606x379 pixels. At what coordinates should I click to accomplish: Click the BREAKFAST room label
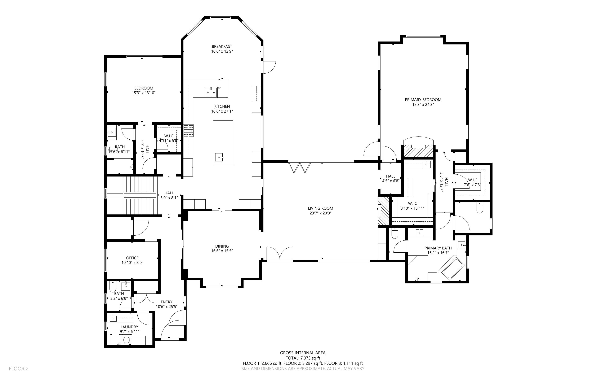(222, 46)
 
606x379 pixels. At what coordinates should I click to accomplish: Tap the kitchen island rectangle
(223, 142)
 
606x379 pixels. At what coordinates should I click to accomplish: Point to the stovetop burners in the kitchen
(189, 131)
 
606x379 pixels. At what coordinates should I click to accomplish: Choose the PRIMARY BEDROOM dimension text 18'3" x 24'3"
(423, 105)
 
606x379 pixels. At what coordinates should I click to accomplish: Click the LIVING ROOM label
(320, 208)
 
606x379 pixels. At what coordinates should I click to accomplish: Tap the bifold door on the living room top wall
(299, 167)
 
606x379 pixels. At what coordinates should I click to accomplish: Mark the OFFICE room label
(132, 258)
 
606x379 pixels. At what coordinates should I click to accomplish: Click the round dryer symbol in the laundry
(127, 340)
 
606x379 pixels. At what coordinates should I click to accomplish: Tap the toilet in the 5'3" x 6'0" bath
(113, 286)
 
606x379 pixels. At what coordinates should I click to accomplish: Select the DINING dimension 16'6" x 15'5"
(222, 251)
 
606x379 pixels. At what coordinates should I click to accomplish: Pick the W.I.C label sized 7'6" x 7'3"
(472, 180)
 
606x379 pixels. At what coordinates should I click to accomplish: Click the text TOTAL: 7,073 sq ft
(303, 358)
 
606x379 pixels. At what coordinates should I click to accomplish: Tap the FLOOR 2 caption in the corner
(19, 369)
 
